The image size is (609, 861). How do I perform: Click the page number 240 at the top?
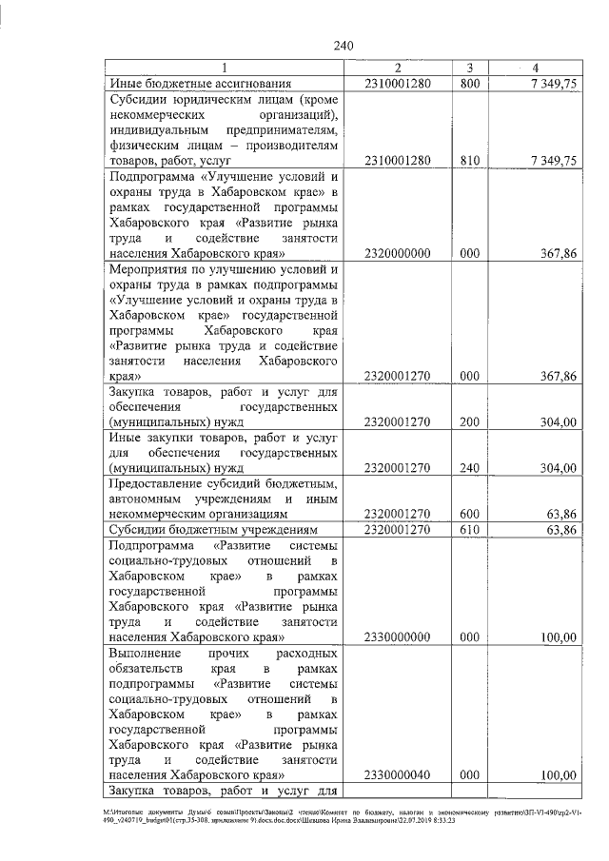[344, 45]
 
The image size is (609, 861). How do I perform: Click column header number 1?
[225, 68]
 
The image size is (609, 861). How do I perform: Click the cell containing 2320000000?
[398, 253]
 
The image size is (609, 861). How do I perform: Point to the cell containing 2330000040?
[398, 775]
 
